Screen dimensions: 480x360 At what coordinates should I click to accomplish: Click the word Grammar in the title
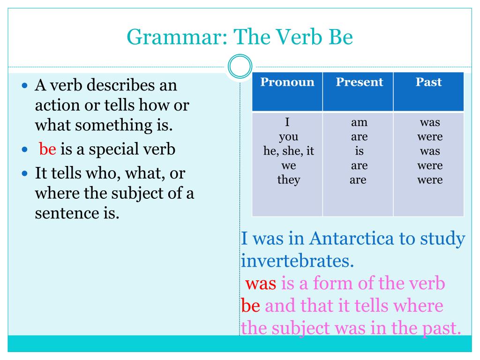tap(177, 37)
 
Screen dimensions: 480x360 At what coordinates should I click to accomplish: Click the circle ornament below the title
tap(240, 66)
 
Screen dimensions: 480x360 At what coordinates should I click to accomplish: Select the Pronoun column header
tap(287, 82)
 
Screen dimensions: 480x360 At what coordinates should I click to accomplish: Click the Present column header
tap(360, 82)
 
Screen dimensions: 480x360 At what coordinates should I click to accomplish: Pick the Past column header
tap(428, 82)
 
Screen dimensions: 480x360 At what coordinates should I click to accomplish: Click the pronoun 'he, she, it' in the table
tap(289, 151)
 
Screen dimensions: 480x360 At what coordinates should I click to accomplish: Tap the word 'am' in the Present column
tap(359, 122)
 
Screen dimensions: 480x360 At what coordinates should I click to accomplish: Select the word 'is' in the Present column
tap(359, 151)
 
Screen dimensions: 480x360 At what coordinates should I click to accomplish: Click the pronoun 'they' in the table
tap(289, 180)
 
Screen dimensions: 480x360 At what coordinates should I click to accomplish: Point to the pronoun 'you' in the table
tap(288, 137)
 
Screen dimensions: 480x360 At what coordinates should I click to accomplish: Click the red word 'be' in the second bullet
tap(47, 149)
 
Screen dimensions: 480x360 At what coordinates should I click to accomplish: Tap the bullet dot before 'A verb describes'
tap(25, 85)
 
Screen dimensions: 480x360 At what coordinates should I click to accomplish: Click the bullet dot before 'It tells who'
tap(25, 173)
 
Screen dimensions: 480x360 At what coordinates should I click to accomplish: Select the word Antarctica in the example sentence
tap(351, 239)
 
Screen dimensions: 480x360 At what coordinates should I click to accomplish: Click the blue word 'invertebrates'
tap(297, 261)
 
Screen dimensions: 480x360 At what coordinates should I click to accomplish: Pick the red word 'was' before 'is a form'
tap(261, 283)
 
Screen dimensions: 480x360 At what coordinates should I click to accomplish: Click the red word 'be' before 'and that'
tap(250, 305)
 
